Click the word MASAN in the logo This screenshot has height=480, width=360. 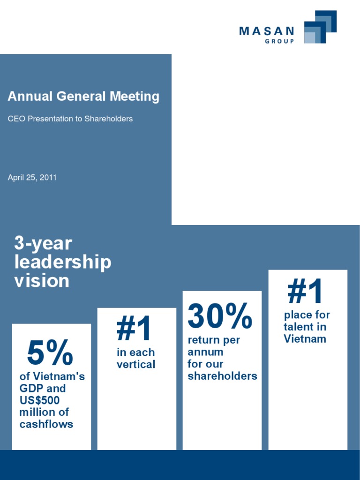(x=266, y=31)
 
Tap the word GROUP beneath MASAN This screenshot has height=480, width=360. (x=280, y=42)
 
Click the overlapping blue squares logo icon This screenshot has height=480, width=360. (x=320, y=27)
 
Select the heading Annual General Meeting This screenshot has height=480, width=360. (x=83, y=97)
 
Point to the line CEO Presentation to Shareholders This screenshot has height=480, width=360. (x=70, y=119)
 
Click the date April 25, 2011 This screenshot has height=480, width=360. (x=32, y=178)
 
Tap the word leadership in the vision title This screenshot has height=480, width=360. (x=63, y=262)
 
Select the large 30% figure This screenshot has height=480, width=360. (x=220, y=316)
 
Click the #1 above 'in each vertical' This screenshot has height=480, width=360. (x=134, y=329)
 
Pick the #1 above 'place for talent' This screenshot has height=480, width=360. (x=305, y=291)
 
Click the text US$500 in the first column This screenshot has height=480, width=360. (x=39, y=400)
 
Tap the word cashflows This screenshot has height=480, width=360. (x=46, y=424)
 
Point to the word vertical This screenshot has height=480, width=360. (x=136, y=364)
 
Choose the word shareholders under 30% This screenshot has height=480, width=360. (x=222, y=376)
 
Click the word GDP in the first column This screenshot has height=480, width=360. (x=30, y=389)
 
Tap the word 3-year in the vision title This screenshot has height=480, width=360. (x=43, y=243)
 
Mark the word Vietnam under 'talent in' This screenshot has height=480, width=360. (x=305, y=339)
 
